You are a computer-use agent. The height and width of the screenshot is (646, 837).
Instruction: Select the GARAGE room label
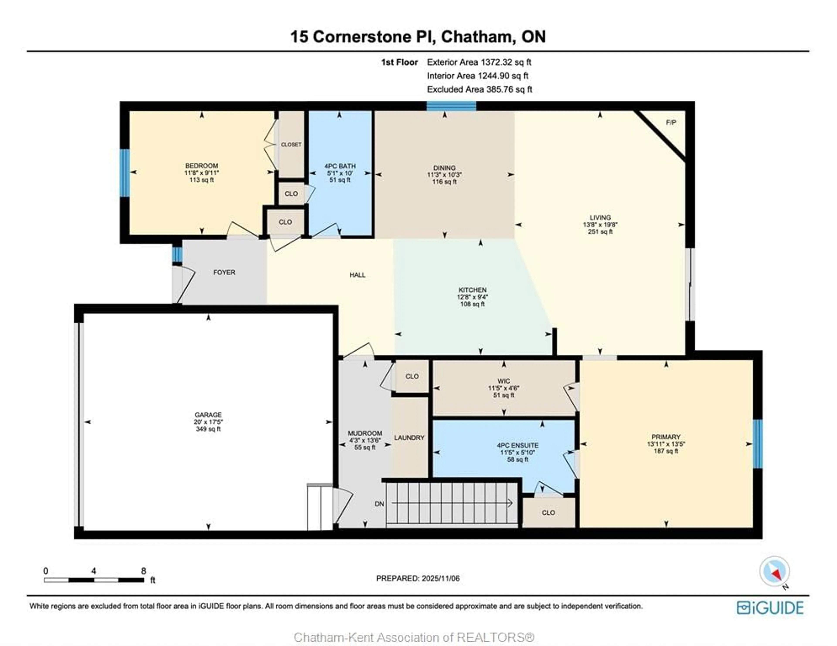click(x=208, y=415)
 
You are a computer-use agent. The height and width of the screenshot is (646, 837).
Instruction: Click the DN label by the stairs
click(x=379, y=504)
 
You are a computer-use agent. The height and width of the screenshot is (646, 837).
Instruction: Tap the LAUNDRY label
click(x=409, y=438)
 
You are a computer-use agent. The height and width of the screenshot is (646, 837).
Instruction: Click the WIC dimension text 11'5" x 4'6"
click(x=504, y=388)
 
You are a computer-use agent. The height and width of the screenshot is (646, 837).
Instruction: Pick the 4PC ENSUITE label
click(x=517, y=445)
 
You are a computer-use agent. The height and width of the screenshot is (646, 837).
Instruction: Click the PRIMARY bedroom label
click(x=666, y=437)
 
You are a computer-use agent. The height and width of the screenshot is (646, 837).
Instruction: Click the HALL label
click(x=357, y=275)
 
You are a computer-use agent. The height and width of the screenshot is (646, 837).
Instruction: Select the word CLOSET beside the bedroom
click(x=291, y=144)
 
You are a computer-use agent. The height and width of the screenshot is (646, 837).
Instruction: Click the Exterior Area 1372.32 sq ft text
click(x=479, y=62)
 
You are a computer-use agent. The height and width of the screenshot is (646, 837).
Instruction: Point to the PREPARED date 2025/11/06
click(x=418, y=578)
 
